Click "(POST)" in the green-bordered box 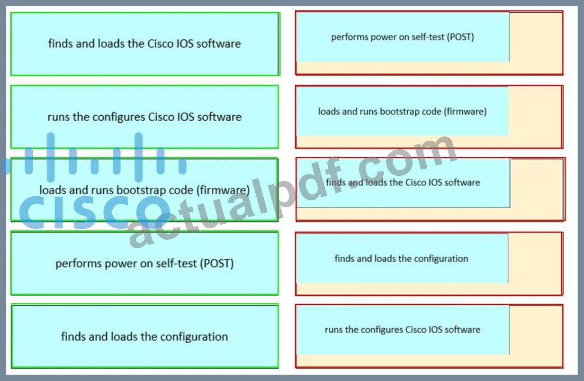pyautogui.click(x=216, y=263)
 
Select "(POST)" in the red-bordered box pyautogui.click(x=460, y=37)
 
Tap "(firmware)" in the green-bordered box pyautogui.click(x=223, y=190)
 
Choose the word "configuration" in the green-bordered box pyautogui.click(x=194, y=336)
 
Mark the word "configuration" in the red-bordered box pyautogui.click(x=441, y=259)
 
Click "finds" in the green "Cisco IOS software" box pyautogui.click(x=61, y=44)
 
